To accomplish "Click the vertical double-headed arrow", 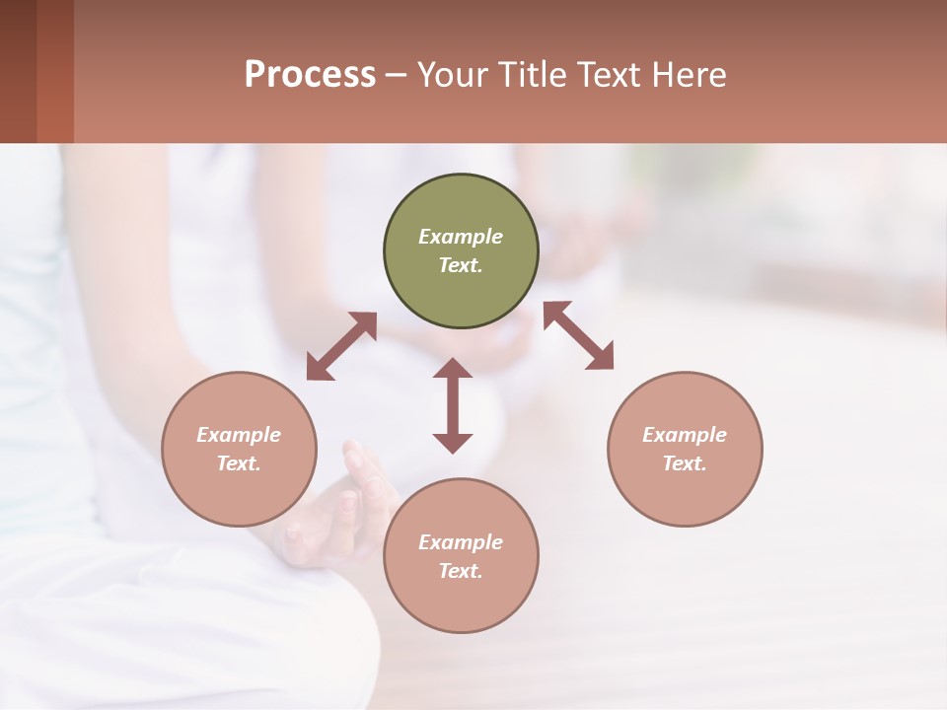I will tap(453, 405).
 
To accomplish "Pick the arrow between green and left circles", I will tap(341, 346).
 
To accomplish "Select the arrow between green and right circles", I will tap(579, 335).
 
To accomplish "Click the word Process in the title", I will tap(310, 74).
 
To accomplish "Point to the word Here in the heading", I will tap(691, 74).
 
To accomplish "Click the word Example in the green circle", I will tap(461, 237).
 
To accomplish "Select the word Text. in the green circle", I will tap(461, 265).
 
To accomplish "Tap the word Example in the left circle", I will tap(239, 435).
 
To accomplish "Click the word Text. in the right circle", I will tap(685, 463).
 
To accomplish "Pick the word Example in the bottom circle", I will tap(461, 542).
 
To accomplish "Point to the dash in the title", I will tap(397, 75).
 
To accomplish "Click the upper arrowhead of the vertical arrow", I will tap(453, 368).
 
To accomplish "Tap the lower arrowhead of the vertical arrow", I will tap(453, 443).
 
